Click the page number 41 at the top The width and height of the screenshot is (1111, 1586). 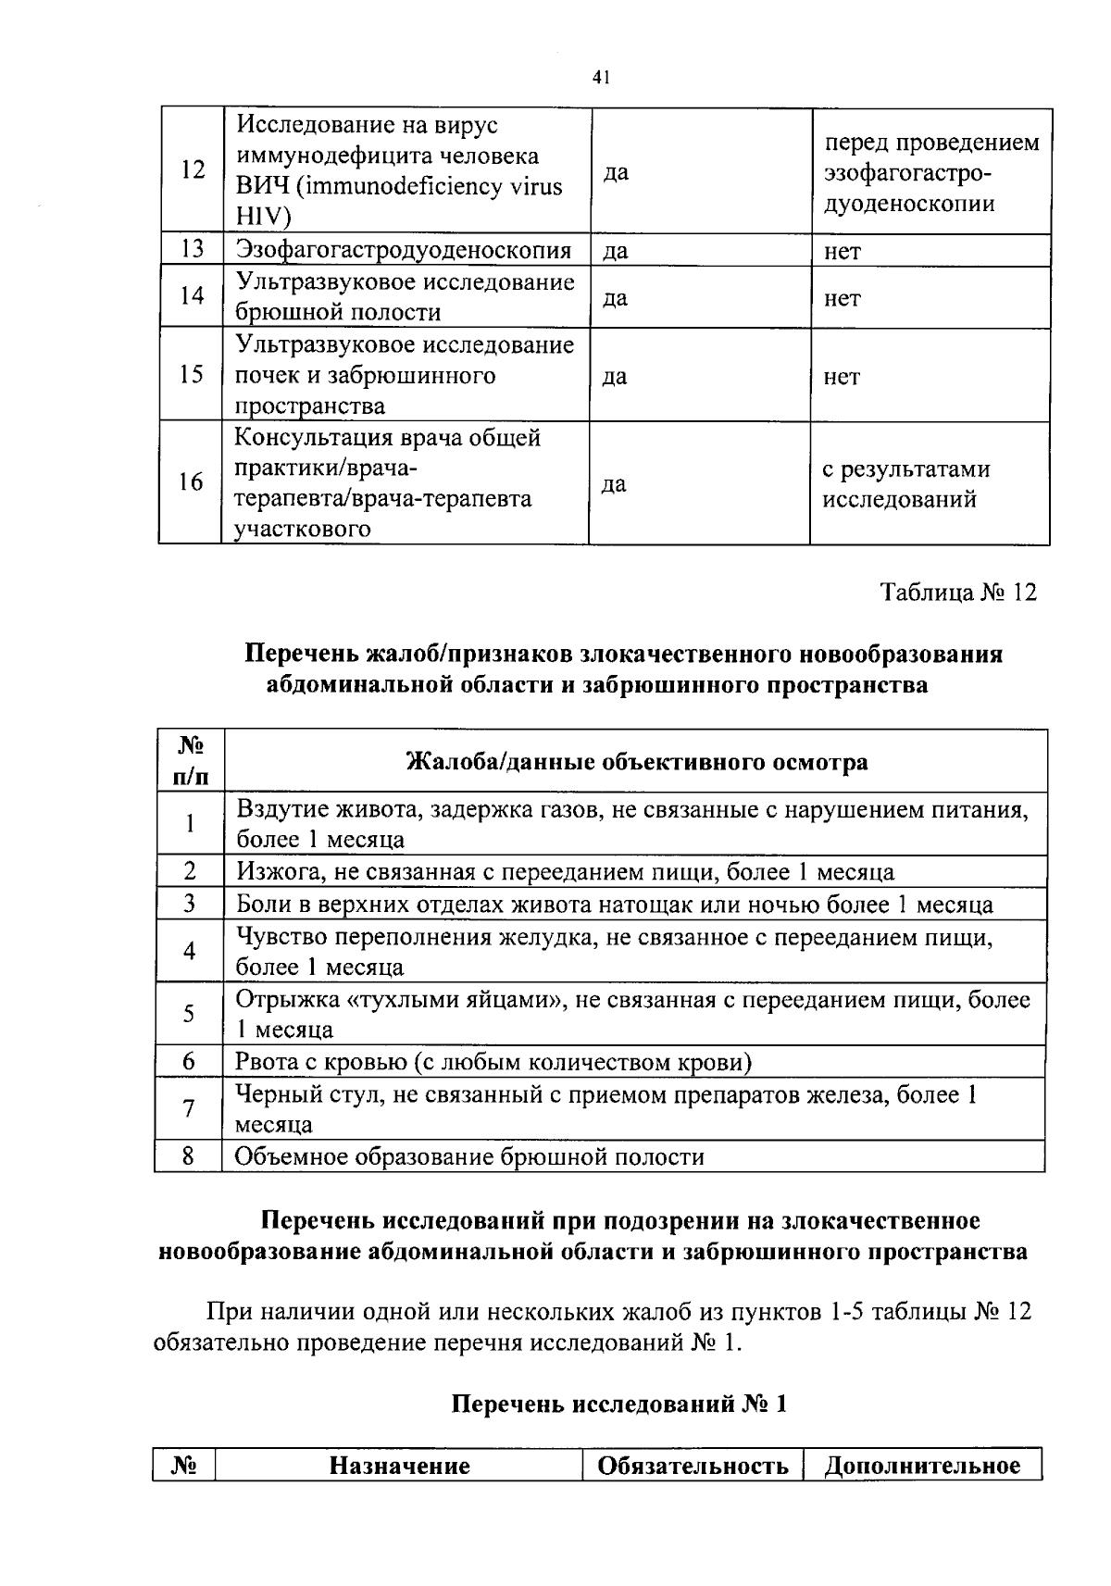(x=600, y=79)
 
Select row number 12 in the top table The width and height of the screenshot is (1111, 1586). (x=193, y=170)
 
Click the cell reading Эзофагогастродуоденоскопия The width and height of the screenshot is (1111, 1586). (x=403, y=250)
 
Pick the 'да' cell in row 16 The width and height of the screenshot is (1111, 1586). (x=615, y=483)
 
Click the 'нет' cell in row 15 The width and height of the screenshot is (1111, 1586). (x=841, y=376)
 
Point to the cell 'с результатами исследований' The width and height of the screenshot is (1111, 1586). (x=905, y=484)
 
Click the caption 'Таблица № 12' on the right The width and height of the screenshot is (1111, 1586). (x=957, y=592)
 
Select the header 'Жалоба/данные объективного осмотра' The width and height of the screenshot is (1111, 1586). (x=637, y=761)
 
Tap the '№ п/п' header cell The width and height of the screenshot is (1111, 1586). (x=190, y=760)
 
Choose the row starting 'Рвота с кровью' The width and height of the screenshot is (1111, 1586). (x=493, y=1061)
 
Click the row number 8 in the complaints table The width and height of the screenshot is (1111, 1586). (x=188, y=1155)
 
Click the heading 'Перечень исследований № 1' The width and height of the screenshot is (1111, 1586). (x=618, y=1404)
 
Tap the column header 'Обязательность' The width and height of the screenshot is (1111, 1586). (x=693, y=1466)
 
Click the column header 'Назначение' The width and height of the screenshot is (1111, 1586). (x=400, y=1466)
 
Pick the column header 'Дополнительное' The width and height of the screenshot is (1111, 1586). (x=922, y=1466)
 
